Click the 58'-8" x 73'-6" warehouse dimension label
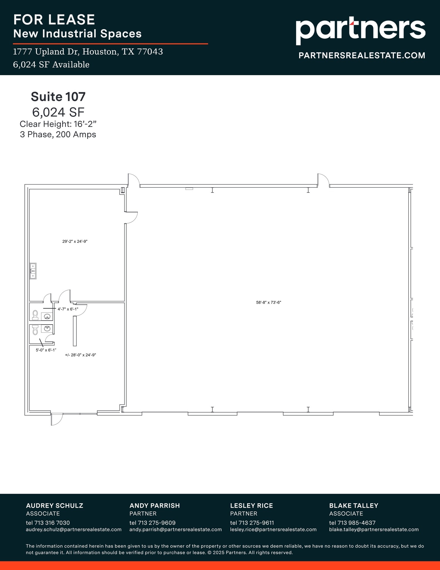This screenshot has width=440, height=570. click(x=269, y=303)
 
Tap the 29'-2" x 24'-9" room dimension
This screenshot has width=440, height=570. click(x=75, y=242)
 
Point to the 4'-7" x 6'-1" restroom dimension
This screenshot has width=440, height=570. click(x=68, y=309)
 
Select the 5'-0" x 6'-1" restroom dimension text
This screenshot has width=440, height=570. click(x=46, y=350)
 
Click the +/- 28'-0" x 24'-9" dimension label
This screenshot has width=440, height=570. click(x=80, y=355)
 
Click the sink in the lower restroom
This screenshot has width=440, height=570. click(x=46, y=328)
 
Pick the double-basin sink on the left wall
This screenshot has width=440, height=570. click(x=33, y=271)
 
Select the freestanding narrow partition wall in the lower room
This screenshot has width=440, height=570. click(x=74, y=331)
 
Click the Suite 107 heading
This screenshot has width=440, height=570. click(x=58, y=97)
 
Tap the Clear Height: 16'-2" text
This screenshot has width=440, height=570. click(x=58, y=124)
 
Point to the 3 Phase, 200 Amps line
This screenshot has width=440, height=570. click(x=58, y=134)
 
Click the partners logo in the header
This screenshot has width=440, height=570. click(x=360, y=30)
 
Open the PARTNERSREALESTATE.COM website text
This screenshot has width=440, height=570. click(x=362, y=55)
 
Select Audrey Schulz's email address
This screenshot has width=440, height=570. click(x=74, y=529)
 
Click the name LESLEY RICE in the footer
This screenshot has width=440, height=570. click(x=251, y=505)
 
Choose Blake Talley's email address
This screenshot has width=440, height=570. click(x=374, y=529)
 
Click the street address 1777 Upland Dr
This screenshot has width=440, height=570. click(x=88, y=52)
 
